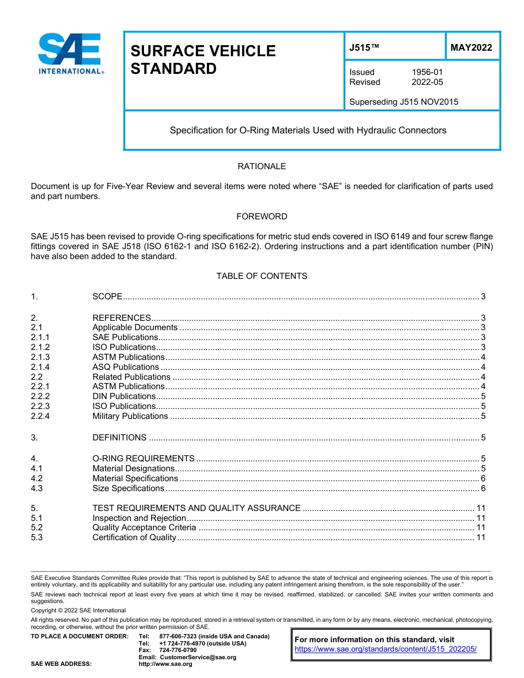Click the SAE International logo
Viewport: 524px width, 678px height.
click(70, 53)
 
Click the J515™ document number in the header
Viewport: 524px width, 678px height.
click(364, 48)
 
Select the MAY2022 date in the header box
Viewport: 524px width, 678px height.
click(471, 48)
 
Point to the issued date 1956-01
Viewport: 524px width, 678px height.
click(427, 72)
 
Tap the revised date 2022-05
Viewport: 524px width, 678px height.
click(427, 82)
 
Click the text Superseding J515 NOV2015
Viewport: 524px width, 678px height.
click(404, 102)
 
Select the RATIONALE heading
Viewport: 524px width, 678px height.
click(261, 166)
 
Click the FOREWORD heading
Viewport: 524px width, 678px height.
click(261, 217)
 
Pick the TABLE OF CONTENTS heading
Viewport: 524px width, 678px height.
click(261, 276)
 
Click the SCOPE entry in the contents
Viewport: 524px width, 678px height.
click(108, 297)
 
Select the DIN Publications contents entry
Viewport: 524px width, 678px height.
click(124, 396)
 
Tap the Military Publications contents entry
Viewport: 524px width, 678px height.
click(130, 416)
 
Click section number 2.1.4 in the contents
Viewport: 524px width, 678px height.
click(40, 367)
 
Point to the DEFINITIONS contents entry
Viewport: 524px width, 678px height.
click(120, 438)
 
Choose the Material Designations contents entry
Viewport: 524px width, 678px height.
click(133, 469)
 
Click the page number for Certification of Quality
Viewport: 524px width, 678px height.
click(480, 537)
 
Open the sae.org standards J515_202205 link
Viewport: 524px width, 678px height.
click(386, 649)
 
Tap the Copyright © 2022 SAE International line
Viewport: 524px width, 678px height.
click(78, 611)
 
